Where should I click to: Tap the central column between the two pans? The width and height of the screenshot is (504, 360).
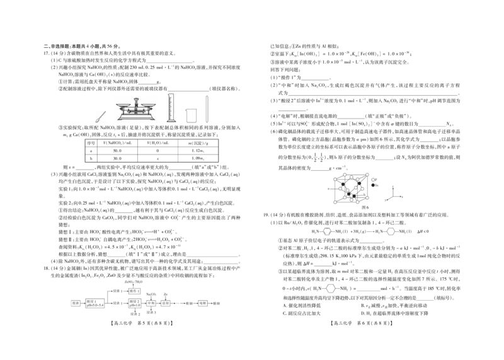(136, 108)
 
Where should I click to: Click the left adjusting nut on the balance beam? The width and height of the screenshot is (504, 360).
(129, 110)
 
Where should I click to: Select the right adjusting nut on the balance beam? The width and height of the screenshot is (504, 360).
(144, 110)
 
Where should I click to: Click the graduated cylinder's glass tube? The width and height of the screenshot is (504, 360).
(170, 106)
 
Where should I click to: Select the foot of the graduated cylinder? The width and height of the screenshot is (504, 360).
(170, 122)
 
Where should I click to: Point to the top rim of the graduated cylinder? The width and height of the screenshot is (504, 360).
(170, 94)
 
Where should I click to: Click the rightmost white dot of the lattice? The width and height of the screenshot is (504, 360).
(373, 180)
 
